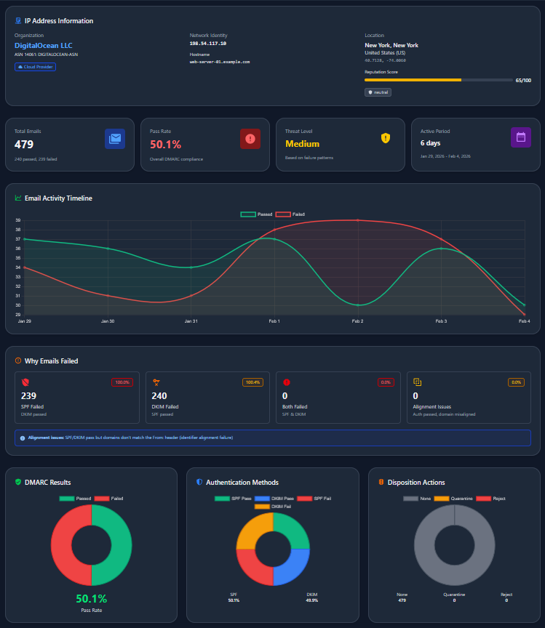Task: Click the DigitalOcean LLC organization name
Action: (x=44, y=45)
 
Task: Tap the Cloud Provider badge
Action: (x=35, y=67)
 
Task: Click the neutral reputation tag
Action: (x=378, y=92)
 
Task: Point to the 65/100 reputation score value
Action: (x=522, y=80)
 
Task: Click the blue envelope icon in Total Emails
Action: (x=115, y=139)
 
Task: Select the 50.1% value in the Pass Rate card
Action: (x=165, y=144)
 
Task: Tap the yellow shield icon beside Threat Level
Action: (x=386, y=138)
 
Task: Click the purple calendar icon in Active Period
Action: (x=521, y=137)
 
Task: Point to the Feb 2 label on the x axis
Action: (x=357, y=321)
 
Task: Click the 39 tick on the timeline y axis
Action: (x=18, y=220)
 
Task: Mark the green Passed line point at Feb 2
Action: (x=357, y=305)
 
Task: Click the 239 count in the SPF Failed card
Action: (x=28, y=395)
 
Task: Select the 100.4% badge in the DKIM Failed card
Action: (x=252, y=382)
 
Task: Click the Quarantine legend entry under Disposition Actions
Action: (x=452, y=499)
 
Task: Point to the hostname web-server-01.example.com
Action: (x=220, y=62)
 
